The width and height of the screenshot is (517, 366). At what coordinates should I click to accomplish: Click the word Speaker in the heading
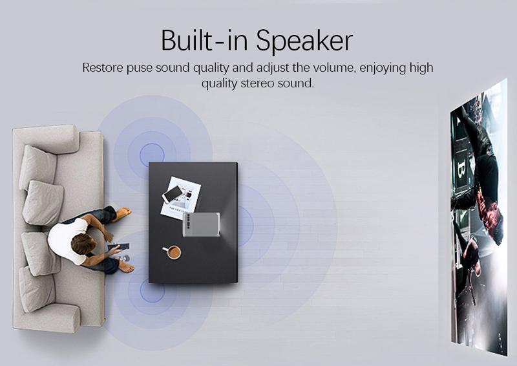(x=304, y=40)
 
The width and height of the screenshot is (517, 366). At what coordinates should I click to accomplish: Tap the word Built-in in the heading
(x=204, y=40)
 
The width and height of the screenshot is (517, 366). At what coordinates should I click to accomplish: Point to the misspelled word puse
(x=140, y=68)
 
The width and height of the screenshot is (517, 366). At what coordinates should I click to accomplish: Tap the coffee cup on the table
(x=172, y=252)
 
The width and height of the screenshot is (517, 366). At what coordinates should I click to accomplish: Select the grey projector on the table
(x=202, y=224)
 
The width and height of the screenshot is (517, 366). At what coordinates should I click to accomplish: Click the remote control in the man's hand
(x=118, y=246)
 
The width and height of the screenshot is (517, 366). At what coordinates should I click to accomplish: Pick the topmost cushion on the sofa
(x=37, y=167)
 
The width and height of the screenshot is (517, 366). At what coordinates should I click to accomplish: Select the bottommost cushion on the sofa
(x=37, y=289)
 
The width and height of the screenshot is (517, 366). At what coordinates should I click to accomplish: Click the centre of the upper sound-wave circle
(x=152, y=155)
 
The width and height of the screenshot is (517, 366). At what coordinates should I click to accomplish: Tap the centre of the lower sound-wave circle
(x=153, y=290)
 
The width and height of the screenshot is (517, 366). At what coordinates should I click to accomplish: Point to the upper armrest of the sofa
(x=46, y=138)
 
